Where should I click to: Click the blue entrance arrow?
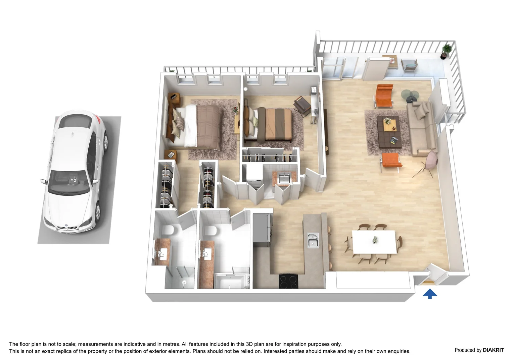[x=430, y=294]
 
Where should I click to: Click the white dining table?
[x=373, y=242]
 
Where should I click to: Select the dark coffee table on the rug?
[x=389, y=131]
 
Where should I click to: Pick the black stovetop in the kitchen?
[x=288, y=281]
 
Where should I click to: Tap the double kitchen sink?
[x=313, y=241]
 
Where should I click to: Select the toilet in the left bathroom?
[x=168, y=230]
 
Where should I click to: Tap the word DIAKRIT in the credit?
[x=493, y=350]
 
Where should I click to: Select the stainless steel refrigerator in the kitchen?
[x=262, y=228]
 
